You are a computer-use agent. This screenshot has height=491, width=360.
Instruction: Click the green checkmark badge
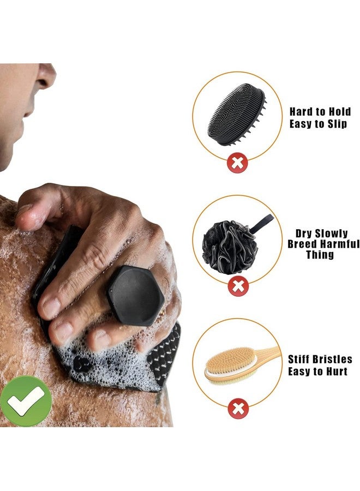coord(26,401)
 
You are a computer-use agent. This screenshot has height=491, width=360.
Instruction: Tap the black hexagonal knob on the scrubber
coord(135,295)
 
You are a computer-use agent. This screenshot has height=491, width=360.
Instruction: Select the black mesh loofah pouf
coord(229,246)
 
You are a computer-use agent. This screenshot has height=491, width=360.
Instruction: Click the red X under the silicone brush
coord(237,163)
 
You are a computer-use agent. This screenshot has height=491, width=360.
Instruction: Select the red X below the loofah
coord(237,285)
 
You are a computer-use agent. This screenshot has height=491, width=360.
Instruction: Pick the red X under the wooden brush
coord(237,409)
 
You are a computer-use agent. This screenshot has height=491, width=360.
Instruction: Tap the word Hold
coord(338,112)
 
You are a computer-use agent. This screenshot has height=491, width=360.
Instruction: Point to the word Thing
coord(320,255)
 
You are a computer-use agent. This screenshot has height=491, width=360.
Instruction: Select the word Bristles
coord(333,360)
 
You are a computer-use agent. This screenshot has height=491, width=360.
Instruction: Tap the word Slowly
coord(329,233)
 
